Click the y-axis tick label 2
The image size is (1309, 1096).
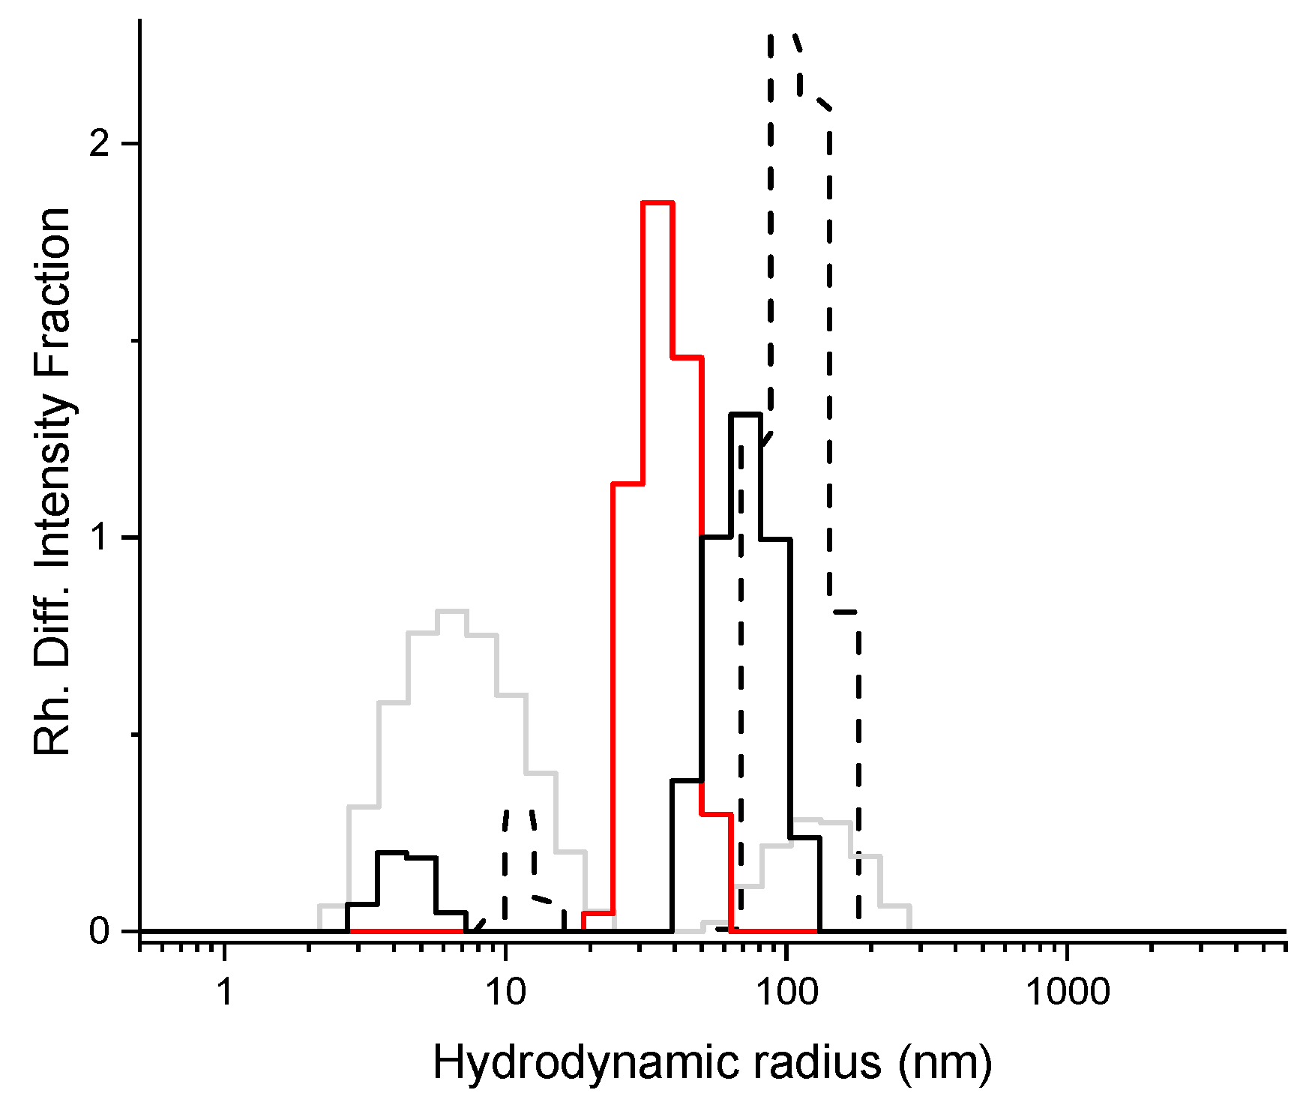(x=100, y=144)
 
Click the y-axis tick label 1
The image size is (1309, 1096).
(x=100, y=538)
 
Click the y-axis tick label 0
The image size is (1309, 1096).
(x=100, y=932)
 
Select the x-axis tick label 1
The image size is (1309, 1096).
(x=224, y=993)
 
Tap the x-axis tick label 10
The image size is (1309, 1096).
(x=505, y=993)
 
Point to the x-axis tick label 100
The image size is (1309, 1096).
(x=786, y=993)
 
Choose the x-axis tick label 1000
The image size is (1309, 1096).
(x=1067, y=993)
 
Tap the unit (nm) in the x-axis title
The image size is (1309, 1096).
(x=946, y=1063)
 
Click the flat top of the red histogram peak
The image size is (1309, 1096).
(x=657, y=203)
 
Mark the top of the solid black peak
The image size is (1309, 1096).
(x=745, y=414)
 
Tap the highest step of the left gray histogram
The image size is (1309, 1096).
(x=451, y=611)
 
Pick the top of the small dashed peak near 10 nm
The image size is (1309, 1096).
(x=519, y=810)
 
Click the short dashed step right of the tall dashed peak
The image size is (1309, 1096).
(x=845, y=612)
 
